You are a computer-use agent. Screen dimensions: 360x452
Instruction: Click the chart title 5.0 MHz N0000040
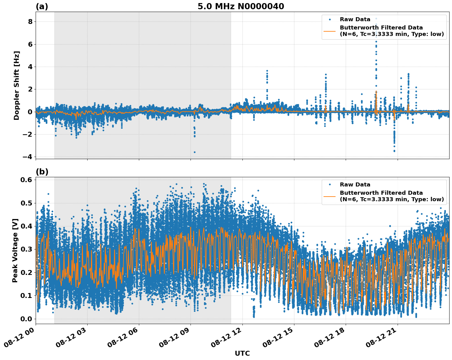point(241,6)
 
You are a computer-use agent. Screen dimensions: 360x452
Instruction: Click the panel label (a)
point(42,6)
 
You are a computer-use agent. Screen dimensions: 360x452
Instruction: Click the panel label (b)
point(42,172)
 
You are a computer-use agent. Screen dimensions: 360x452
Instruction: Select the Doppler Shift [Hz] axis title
point(17,85)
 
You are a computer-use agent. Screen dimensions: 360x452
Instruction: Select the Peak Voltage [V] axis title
point(15,250)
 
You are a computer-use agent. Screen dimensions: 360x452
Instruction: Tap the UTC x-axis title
point(242,353)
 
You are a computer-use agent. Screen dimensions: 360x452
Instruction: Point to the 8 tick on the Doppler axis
point(30,22)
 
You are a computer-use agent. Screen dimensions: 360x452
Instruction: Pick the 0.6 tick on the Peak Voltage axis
point(26,180)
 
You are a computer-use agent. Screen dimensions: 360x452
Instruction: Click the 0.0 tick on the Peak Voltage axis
point(26,319)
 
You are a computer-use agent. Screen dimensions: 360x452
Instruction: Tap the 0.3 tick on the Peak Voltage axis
point(26,249)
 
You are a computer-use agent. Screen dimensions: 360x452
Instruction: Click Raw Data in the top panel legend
point(355,19)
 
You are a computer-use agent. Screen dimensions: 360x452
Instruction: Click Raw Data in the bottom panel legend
point(355,185)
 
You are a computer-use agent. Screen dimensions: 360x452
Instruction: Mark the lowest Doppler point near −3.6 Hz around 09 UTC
point(195,152)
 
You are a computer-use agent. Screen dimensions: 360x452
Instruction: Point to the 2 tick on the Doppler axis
point(30,89)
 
